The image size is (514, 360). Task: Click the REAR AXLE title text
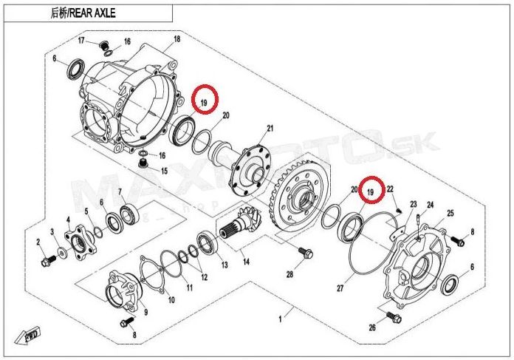pos(83,13)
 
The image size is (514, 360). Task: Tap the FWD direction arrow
pos(27,336)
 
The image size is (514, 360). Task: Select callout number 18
pos(177,39)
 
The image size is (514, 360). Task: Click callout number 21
pos(270,128)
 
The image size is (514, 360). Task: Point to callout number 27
pos(340,288)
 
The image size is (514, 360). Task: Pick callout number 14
pos(246,262)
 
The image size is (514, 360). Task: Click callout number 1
pos(280,319)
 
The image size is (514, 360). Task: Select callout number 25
pos(450,214)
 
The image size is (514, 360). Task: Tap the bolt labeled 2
pos(48,260)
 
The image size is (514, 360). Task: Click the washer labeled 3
pos(61,252)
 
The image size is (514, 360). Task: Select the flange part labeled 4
pos(79,242)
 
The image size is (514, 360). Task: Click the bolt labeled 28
pos(306,253)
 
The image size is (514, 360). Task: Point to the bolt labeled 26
pos(394,316)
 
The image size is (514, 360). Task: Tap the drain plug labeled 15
pos(143,163)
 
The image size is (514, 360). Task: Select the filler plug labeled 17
pos(103,45)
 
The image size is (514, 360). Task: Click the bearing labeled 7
pos(129,213)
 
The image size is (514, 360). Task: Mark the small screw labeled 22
pos(399,209)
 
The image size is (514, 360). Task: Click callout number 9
pos(145,312)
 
